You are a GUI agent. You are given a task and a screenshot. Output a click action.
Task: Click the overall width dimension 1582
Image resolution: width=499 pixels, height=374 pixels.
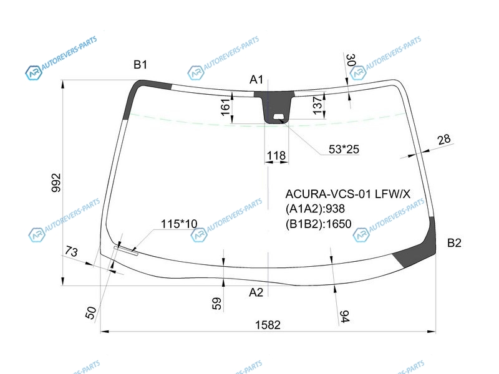(268, 325)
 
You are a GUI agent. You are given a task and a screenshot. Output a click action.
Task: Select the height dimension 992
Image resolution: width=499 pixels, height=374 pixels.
(56, 183)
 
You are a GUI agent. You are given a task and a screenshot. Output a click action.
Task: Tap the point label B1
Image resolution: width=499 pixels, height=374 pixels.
(140, 65)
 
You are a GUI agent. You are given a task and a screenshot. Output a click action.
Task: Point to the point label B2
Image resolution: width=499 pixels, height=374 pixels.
(454, 243)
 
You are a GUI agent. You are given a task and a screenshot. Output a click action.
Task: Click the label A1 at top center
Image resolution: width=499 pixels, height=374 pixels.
(256, 80)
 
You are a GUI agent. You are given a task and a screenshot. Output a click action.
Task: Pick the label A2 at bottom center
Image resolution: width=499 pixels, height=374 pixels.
(256, 292)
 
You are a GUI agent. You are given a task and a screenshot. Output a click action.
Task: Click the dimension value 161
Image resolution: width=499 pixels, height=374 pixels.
(225, 107)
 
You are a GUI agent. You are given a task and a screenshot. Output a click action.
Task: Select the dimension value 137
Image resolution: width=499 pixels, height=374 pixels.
(317, 105)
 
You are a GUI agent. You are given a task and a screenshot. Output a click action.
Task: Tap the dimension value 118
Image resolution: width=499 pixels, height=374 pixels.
(276, 155)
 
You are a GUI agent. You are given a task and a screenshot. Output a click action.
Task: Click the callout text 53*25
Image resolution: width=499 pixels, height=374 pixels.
(344, 149)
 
